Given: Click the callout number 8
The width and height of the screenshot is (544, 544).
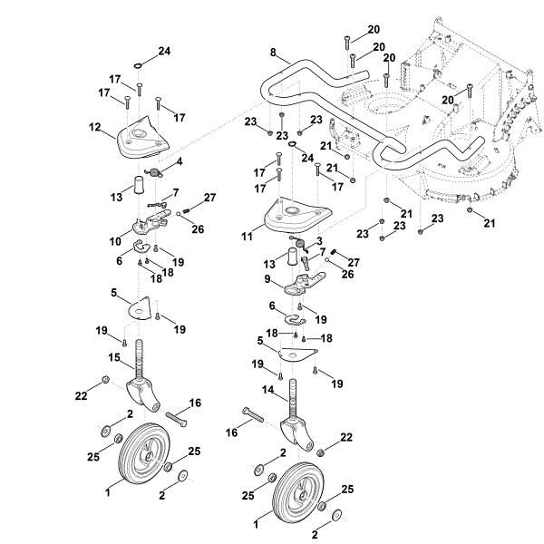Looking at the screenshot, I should coord(273,53).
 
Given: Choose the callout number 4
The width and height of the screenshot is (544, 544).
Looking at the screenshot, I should coord(179,161).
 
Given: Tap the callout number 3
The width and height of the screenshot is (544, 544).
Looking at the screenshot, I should coord(319,241).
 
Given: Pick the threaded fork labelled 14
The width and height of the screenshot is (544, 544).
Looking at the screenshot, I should coord(296,417).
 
